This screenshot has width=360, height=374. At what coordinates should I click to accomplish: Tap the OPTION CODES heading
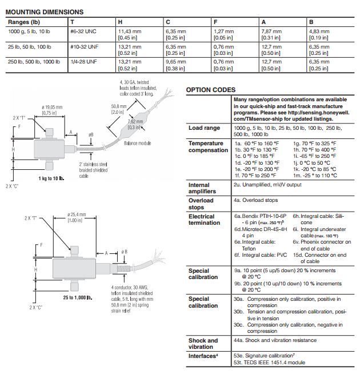pyautogui.click(x=210, y=90)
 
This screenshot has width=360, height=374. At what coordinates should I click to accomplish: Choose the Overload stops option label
pyautogui.click(x=201, y=204)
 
